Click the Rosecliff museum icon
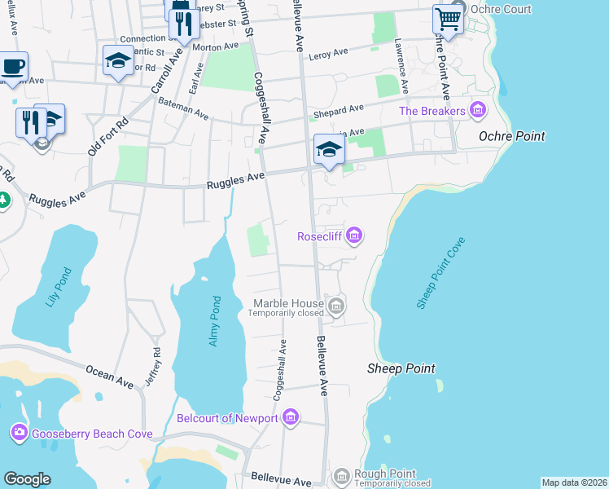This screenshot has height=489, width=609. click(x=353, y=237)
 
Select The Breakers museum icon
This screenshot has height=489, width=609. click(x=478, y=110)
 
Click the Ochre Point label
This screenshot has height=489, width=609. click(x=512, y=136)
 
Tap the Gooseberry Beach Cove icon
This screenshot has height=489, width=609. click(x=19, y=433)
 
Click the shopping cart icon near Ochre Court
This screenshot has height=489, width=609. click(x=447, y=18)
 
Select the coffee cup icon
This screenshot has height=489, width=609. click(x=13, y=66)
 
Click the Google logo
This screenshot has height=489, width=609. click(x=27, y=479)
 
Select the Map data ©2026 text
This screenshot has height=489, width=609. click(x=574, y=482)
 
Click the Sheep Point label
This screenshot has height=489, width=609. click(x=400, y=369)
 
